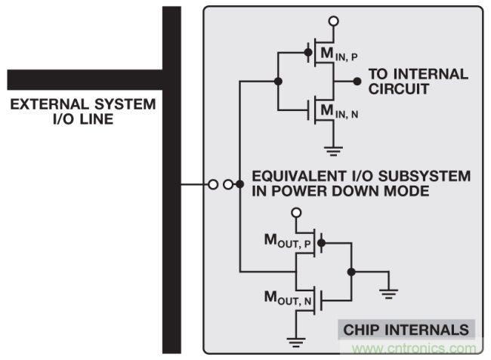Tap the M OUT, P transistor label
click(289, 242)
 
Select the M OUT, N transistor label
click(289, 299)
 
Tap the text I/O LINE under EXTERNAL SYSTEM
click(82, 118)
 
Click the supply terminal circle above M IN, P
click(333, 20)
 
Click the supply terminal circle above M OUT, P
click(297, 214)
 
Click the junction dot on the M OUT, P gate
click(321, 243)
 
